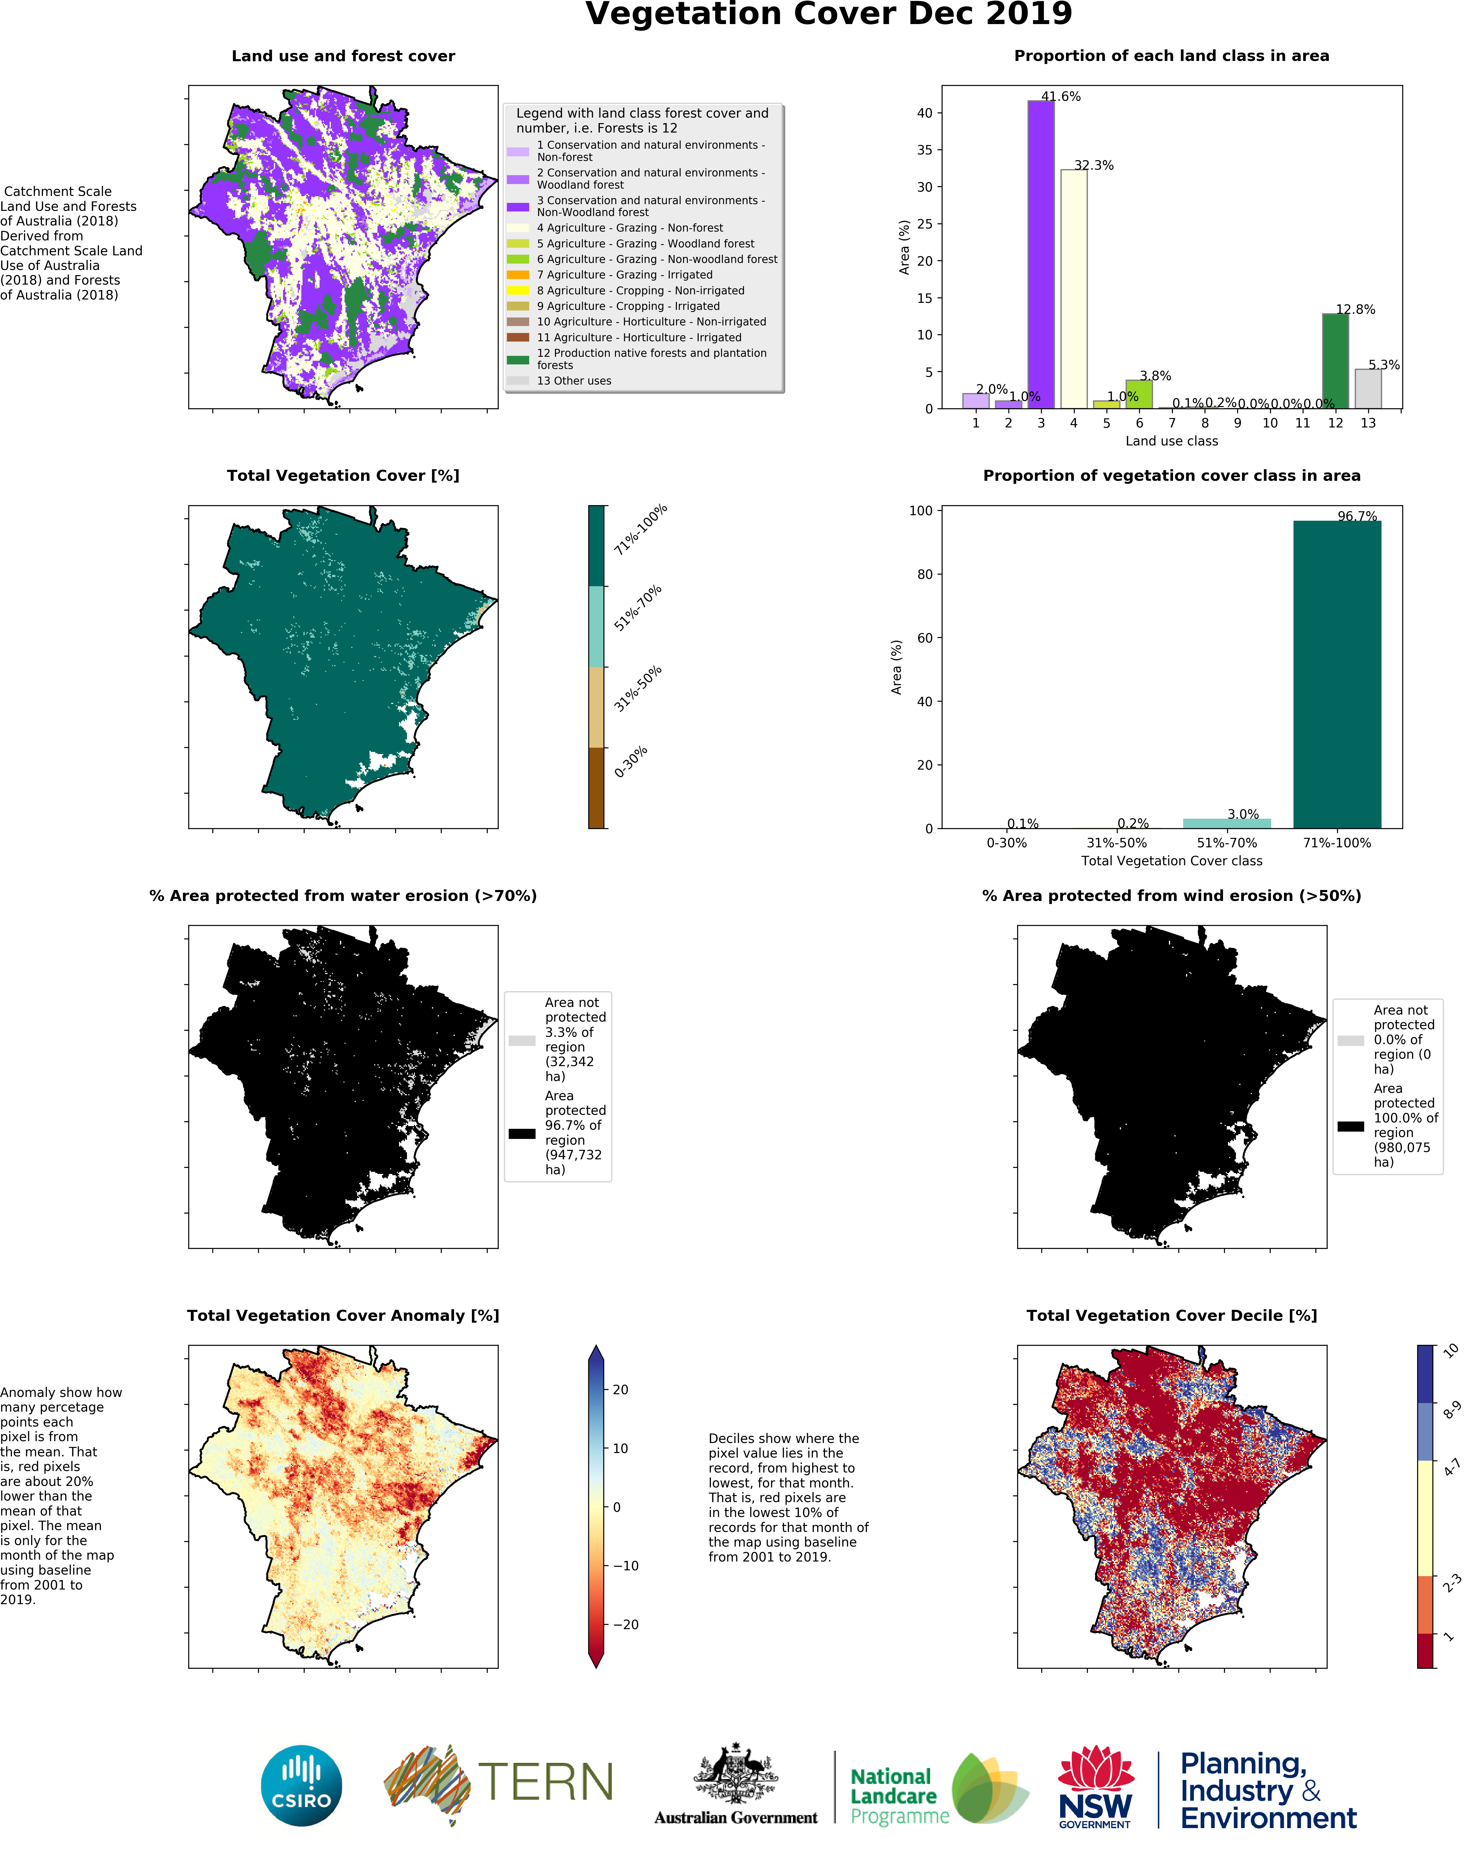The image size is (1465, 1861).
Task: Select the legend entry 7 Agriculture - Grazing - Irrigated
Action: pyautogui.click(x=625, y=275)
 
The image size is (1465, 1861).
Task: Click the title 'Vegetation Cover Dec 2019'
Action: pyautogui.click(x=829, y=15)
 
